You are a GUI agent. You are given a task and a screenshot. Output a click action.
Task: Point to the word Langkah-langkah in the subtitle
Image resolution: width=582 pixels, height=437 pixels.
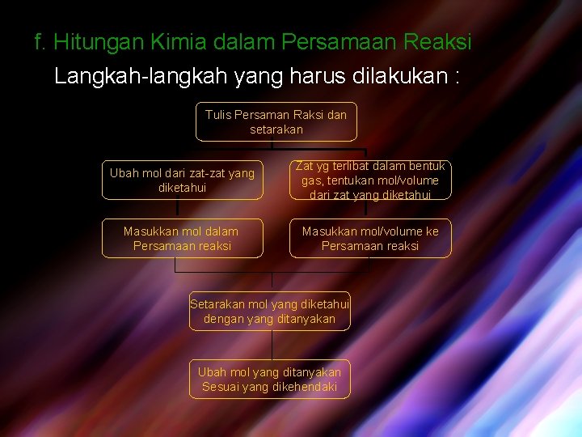tap(141, 77)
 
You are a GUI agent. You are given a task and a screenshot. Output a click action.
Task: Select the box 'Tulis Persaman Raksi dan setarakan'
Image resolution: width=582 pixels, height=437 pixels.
tap(276, 122)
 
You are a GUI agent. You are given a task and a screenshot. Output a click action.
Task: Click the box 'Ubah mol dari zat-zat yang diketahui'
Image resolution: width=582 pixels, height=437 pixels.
tap(182, 180)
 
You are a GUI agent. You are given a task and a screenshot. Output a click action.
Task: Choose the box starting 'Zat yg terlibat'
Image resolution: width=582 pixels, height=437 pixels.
tap(370, 180)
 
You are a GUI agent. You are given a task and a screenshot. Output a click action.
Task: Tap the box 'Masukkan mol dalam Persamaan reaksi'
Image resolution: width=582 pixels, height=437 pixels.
tap(182, 238)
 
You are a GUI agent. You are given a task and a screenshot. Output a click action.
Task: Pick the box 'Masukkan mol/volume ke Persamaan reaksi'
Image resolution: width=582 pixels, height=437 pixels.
tap(370, 238)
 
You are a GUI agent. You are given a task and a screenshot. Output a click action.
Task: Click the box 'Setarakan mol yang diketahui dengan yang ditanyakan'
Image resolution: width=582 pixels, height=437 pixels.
tap(270, 312)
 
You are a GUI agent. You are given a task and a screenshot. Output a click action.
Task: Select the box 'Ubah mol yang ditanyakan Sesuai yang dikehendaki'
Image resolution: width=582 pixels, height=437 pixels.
tap(270, 379)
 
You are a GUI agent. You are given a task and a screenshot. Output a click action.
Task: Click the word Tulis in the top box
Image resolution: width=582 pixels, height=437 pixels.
tap(218, 115)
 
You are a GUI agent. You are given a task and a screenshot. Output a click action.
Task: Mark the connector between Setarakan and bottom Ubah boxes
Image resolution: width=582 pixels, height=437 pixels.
tap(272, 345)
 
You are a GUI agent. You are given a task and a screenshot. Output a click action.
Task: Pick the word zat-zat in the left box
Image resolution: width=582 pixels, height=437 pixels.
tap(194, 173)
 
